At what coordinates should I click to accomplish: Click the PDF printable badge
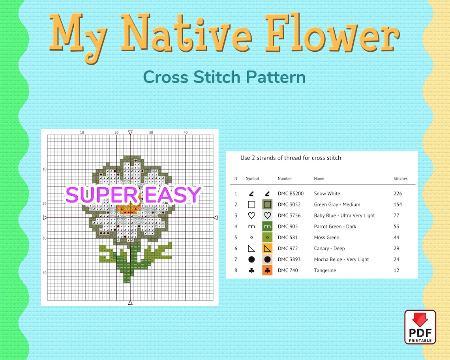pyautogui.click(x=420, y=327)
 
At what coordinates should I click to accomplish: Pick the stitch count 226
pyautogui.click(x=398, y=193)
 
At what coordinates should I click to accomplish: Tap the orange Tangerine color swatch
pyautogui.click(x=267, y=270)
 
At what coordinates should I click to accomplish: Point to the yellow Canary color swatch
pyautogui.click(x=267, y=248)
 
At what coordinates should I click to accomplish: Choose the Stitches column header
pyautogui.click(x=400, y=178)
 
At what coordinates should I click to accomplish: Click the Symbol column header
pyautogui.click(x=252, y=178)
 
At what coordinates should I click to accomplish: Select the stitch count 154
pyautogui.click(x=398, y=204)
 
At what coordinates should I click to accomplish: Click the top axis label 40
pyautogui.click(x=186, y=132)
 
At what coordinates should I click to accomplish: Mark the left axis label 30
pyautogui.click(x=45, y=238)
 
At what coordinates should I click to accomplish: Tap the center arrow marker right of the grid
pyautogui.click(x=216, y=217)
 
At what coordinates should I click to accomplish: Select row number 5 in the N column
pyautogui.click(x=236, y=238)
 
